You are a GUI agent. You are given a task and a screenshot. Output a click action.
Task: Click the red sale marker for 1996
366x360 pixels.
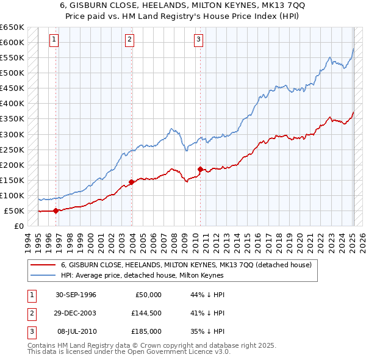click(x=56, y=211)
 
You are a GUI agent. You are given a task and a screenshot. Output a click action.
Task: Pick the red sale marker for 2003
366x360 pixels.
click(x=131, y=181)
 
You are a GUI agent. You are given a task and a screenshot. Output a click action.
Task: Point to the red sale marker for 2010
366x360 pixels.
click(x=200, y=169)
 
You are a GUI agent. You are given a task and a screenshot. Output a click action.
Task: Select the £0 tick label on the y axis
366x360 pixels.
click(x=18, y=226)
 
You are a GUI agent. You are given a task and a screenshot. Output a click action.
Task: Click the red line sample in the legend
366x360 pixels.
click(x=43, y=265)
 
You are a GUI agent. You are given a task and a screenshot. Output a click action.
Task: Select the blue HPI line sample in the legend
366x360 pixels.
click(x=43, y=275)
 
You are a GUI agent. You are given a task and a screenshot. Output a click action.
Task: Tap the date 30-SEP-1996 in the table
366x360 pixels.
click(x=76, y=295)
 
